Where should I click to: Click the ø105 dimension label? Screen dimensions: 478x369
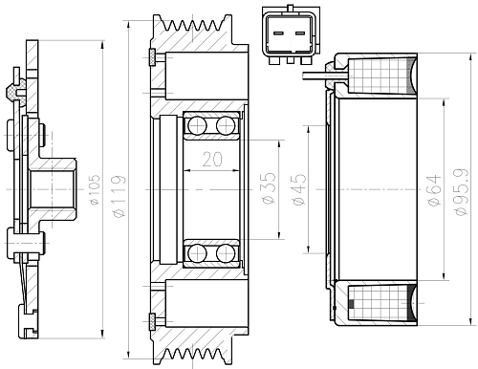pyautogui.click(x=96, y=190)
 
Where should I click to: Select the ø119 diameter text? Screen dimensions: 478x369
pyautogui.click(x=119, y=196)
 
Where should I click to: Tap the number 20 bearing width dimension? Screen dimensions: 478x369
pyautogui.click(x=212, y=160)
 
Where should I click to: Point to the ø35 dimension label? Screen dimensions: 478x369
pyautogui.click(x=269, y=188)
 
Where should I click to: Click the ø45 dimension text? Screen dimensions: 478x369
pyautogui.click(x=299, y=190)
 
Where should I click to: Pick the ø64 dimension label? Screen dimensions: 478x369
pyautogui.click(x=434, y=190)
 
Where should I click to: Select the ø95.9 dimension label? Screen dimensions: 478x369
pyautogui.click(x=462, y=192)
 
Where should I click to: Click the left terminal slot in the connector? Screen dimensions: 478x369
pyautogui.click(x=278, y=33)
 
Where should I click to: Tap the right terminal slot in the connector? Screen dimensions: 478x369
pyautogui.click(x=300, y=33)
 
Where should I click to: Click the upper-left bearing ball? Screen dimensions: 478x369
pyautogui.click(x=197, y=125)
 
